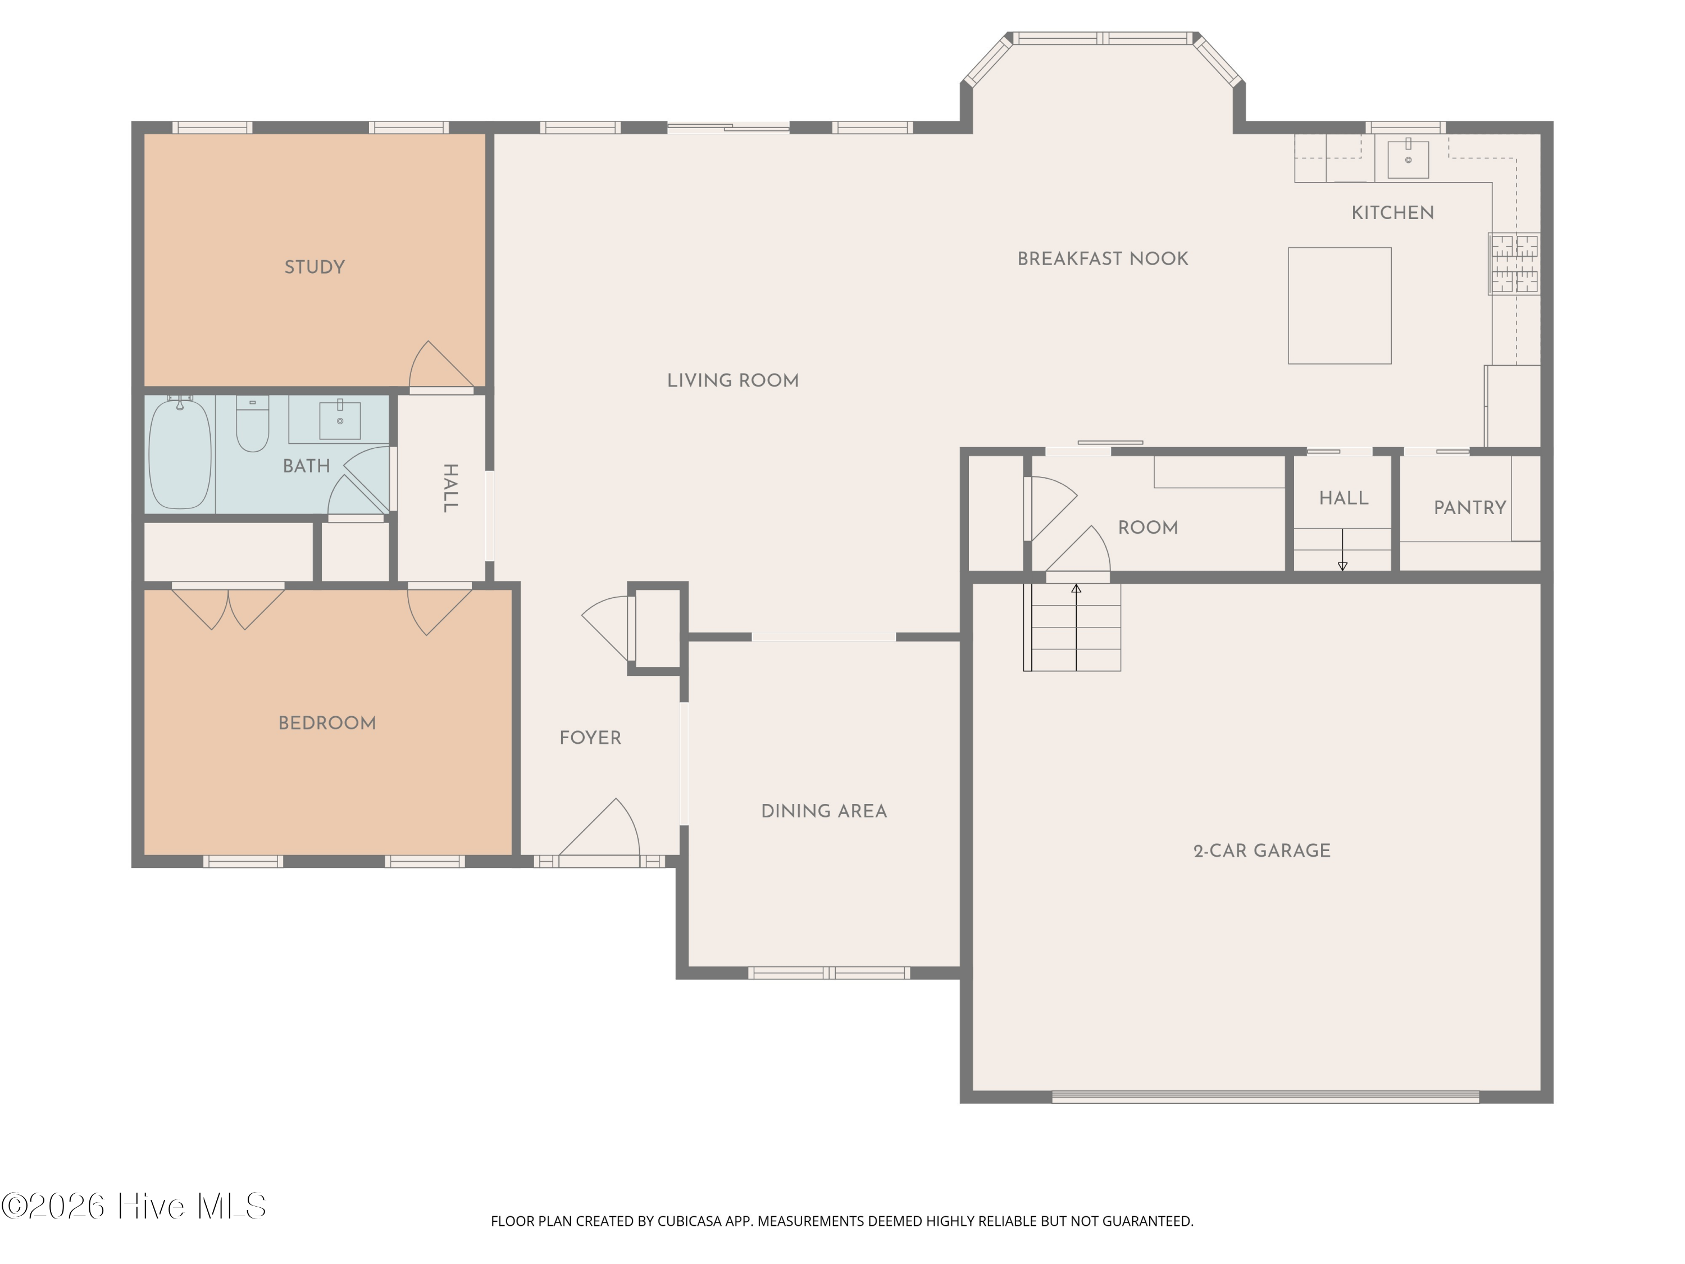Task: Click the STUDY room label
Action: (x=315, y=267)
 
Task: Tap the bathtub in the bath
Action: (x=180, y=453)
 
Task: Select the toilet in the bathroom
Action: (x=252, y=424)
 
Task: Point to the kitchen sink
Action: (x=1408, y=158)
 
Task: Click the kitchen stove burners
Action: (x=1514, y=263)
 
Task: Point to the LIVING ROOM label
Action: (x=733, y=381)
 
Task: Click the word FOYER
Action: (x=590, y=738)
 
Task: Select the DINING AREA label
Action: (x=824, y=811)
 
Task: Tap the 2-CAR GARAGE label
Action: (x=1262, y=851)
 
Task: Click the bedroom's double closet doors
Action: (x=228, y=607)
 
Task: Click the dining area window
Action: (x=829, y=973)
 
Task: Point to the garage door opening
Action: (x=1265, y=1097)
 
